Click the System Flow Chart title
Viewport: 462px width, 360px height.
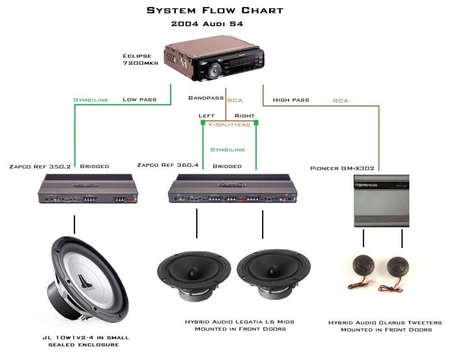click(215, 10)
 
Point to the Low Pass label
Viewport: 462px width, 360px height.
click(140, 99)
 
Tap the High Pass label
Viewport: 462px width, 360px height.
click(291, 99)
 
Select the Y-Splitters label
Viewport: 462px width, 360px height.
click(229, 125)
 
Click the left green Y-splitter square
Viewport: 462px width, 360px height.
click(203, 122)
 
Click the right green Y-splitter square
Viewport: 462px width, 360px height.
click(256, 122)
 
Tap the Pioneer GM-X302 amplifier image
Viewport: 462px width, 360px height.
click(381, 201)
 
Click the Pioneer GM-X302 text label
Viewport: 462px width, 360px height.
click(342, 168)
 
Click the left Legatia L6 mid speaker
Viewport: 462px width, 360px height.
click(192, 274)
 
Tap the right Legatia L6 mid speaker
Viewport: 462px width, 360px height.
click(274, 274)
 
